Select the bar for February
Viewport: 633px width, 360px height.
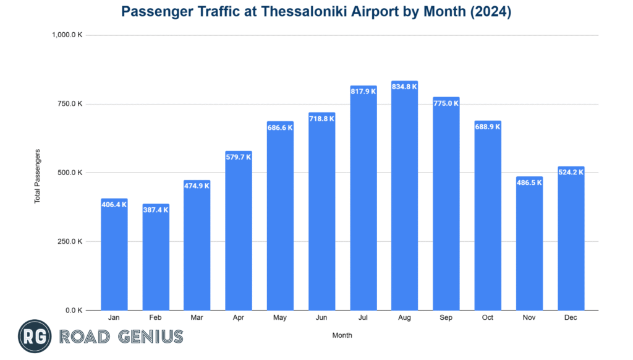156,260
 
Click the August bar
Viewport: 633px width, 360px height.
405,198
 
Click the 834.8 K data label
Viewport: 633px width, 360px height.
405,87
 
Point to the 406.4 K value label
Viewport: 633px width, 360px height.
114,204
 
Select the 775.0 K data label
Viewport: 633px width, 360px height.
446,103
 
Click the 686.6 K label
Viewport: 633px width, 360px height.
280,127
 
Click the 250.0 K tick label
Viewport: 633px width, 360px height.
70,241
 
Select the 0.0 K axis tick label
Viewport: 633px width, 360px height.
74,311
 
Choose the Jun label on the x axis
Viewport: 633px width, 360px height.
321,318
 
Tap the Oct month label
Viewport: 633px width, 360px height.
488,318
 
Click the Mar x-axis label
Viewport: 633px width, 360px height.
197,318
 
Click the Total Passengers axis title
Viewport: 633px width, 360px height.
37,176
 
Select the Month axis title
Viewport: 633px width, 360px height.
342,335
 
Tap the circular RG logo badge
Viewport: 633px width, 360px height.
35,337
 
